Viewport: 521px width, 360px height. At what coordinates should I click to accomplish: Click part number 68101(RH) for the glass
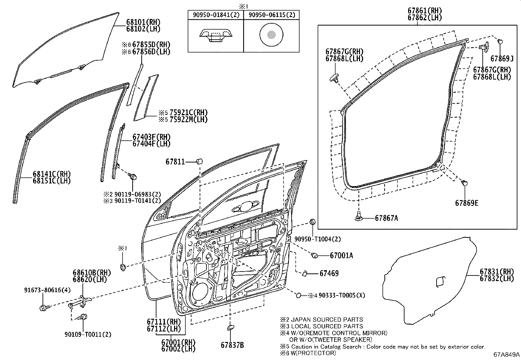pyautogui.click(x=143, y=22)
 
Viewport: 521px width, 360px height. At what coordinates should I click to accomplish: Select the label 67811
pyautogui.click(x=175, y=161)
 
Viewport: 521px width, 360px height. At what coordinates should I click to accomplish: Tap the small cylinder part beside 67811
pyautogui.click(x=200, y=161)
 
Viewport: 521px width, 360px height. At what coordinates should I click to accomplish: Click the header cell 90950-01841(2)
pyautogui.click(x=216, y=15)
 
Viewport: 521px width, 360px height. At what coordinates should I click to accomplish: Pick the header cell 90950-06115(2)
pyautogui.click(x=272, y=15)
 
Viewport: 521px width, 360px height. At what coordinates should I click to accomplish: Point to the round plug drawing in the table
pyautogui.click(x=271, y=35)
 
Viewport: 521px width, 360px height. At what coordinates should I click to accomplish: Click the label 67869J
pyautogui.click(x=502, y=59)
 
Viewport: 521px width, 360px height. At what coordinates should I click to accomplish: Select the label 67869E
pyautogui.click(x=467, y=203)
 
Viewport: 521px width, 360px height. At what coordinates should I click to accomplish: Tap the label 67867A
pyautogui.click(x=386, y=218)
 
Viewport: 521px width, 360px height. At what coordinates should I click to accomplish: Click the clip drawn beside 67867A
pyautogui.click(x=358, y=216)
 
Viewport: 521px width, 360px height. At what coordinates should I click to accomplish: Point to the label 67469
pyautogui.click(x=329, y=274)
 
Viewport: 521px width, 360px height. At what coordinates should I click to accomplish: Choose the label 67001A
pyautogui.click(x=341, y=256)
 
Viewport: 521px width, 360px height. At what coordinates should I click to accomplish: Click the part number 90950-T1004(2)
pyautogui.click(x=317, y=239)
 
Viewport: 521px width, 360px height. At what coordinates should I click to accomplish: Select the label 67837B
pyautogui.click(x=232, y=345)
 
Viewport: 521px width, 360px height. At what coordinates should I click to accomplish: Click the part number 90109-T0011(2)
pyautogui.click(x=88, y=335)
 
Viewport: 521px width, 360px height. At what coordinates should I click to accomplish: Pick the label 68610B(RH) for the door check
pyautogui.click(x=92, y=273)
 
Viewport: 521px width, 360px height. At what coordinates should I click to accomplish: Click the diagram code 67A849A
pyautogui.click(x=507, y=355)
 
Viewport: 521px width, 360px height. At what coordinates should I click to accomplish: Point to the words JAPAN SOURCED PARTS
pyautogui.click(x=327, y=320)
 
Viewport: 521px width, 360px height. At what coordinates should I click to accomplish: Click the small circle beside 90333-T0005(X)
pyautogui.click(x=298, y=295)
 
